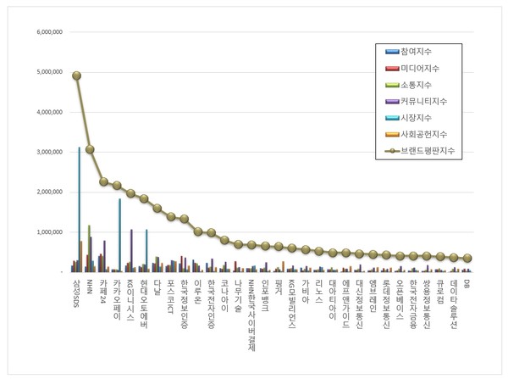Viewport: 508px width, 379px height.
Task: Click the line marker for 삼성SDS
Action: click(77, 75)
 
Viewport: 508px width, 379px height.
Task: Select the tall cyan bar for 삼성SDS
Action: click(80, 209)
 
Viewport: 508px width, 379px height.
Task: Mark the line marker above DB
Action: click(467, 258)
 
